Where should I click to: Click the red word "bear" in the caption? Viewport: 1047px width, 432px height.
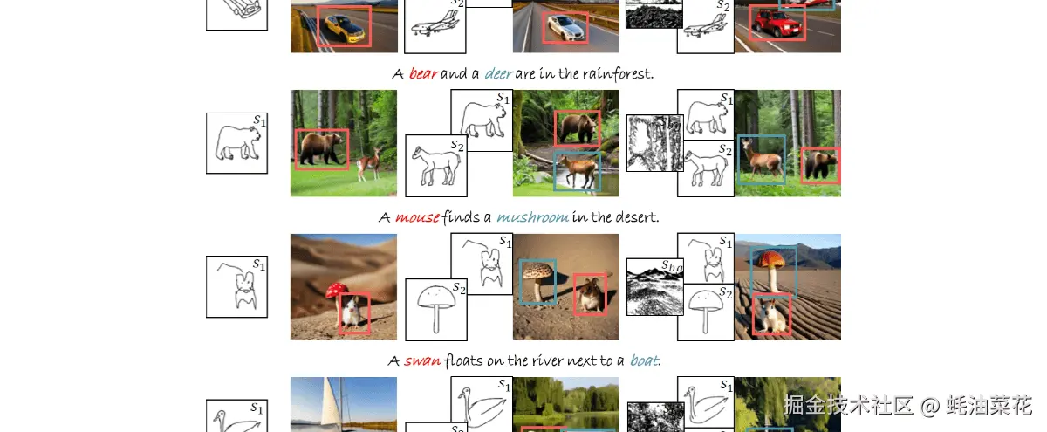(423, 74)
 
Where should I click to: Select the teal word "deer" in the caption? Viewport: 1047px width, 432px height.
(499, 74)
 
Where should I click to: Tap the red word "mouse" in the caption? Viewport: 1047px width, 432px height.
(417, 217)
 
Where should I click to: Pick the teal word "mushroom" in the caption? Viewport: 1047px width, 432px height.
(532, 217)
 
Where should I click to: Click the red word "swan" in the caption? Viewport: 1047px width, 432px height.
(422, 360)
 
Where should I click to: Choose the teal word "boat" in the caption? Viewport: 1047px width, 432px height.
(645, 360)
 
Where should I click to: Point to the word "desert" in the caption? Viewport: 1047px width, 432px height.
(636, 217)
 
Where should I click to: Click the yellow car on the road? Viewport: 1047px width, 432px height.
(344, 27)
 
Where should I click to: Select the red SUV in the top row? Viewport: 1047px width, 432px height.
(777, 23)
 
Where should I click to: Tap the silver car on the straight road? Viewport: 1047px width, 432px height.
(565, 28)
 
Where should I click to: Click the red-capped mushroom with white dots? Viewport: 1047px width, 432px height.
(337, 295)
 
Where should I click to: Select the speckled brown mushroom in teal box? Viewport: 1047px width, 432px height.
(538, 280)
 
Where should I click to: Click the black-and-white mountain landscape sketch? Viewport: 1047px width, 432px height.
(654, 286)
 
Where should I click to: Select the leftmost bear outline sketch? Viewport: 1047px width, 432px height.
(237, 143)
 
